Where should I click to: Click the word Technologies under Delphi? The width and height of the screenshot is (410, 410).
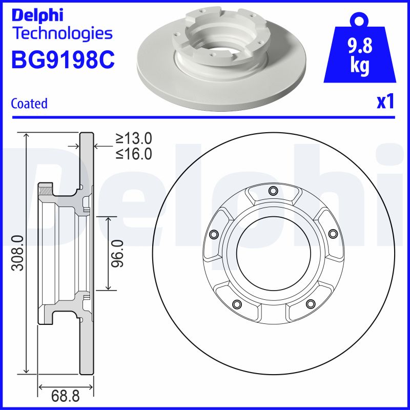pos(61,34)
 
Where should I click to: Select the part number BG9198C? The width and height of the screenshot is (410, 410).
pos(63,60)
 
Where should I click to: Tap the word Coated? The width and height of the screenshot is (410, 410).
pos(29,104)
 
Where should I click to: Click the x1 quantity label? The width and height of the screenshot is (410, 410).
pos(385,102)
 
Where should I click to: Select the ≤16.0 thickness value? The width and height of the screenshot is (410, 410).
pos(134,154)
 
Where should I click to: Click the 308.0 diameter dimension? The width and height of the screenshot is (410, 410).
pos(17,253)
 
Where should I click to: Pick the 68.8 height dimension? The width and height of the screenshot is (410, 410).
pos(65,396)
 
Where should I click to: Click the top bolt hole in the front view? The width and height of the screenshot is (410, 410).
pos(273,191)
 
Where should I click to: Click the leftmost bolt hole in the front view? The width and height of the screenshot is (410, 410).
pos(213,234)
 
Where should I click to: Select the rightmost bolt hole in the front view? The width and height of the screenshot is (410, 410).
pos(332,234)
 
